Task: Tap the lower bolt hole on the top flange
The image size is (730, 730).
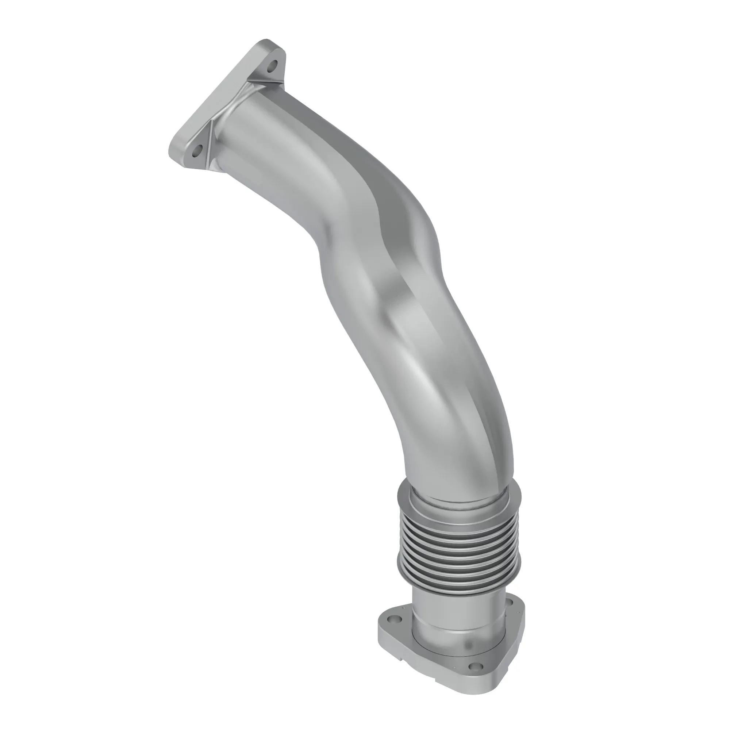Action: click(195, 153)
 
